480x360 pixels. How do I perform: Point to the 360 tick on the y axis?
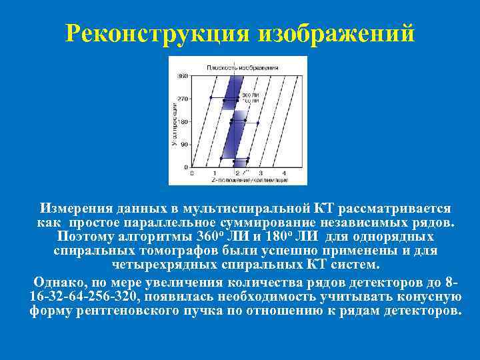tap(182, 75)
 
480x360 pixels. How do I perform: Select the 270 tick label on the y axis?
tap(182, 98)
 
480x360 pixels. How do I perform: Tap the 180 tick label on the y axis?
tap(182, 121)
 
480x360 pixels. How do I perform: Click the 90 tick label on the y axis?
tap(183, 144)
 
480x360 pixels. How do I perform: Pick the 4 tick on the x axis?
tap(283, 173)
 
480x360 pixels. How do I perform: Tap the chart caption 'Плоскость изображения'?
tap(235, 67)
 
